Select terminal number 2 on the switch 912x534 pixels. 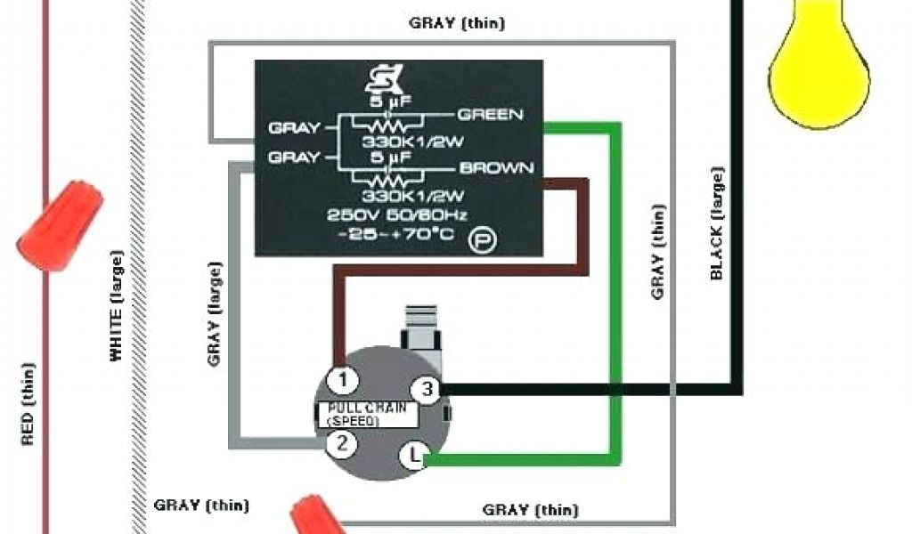point(341,442)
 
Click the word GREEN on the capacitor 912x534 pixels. point(490,115)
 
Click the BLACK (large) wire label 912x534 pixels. point(717,222)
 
